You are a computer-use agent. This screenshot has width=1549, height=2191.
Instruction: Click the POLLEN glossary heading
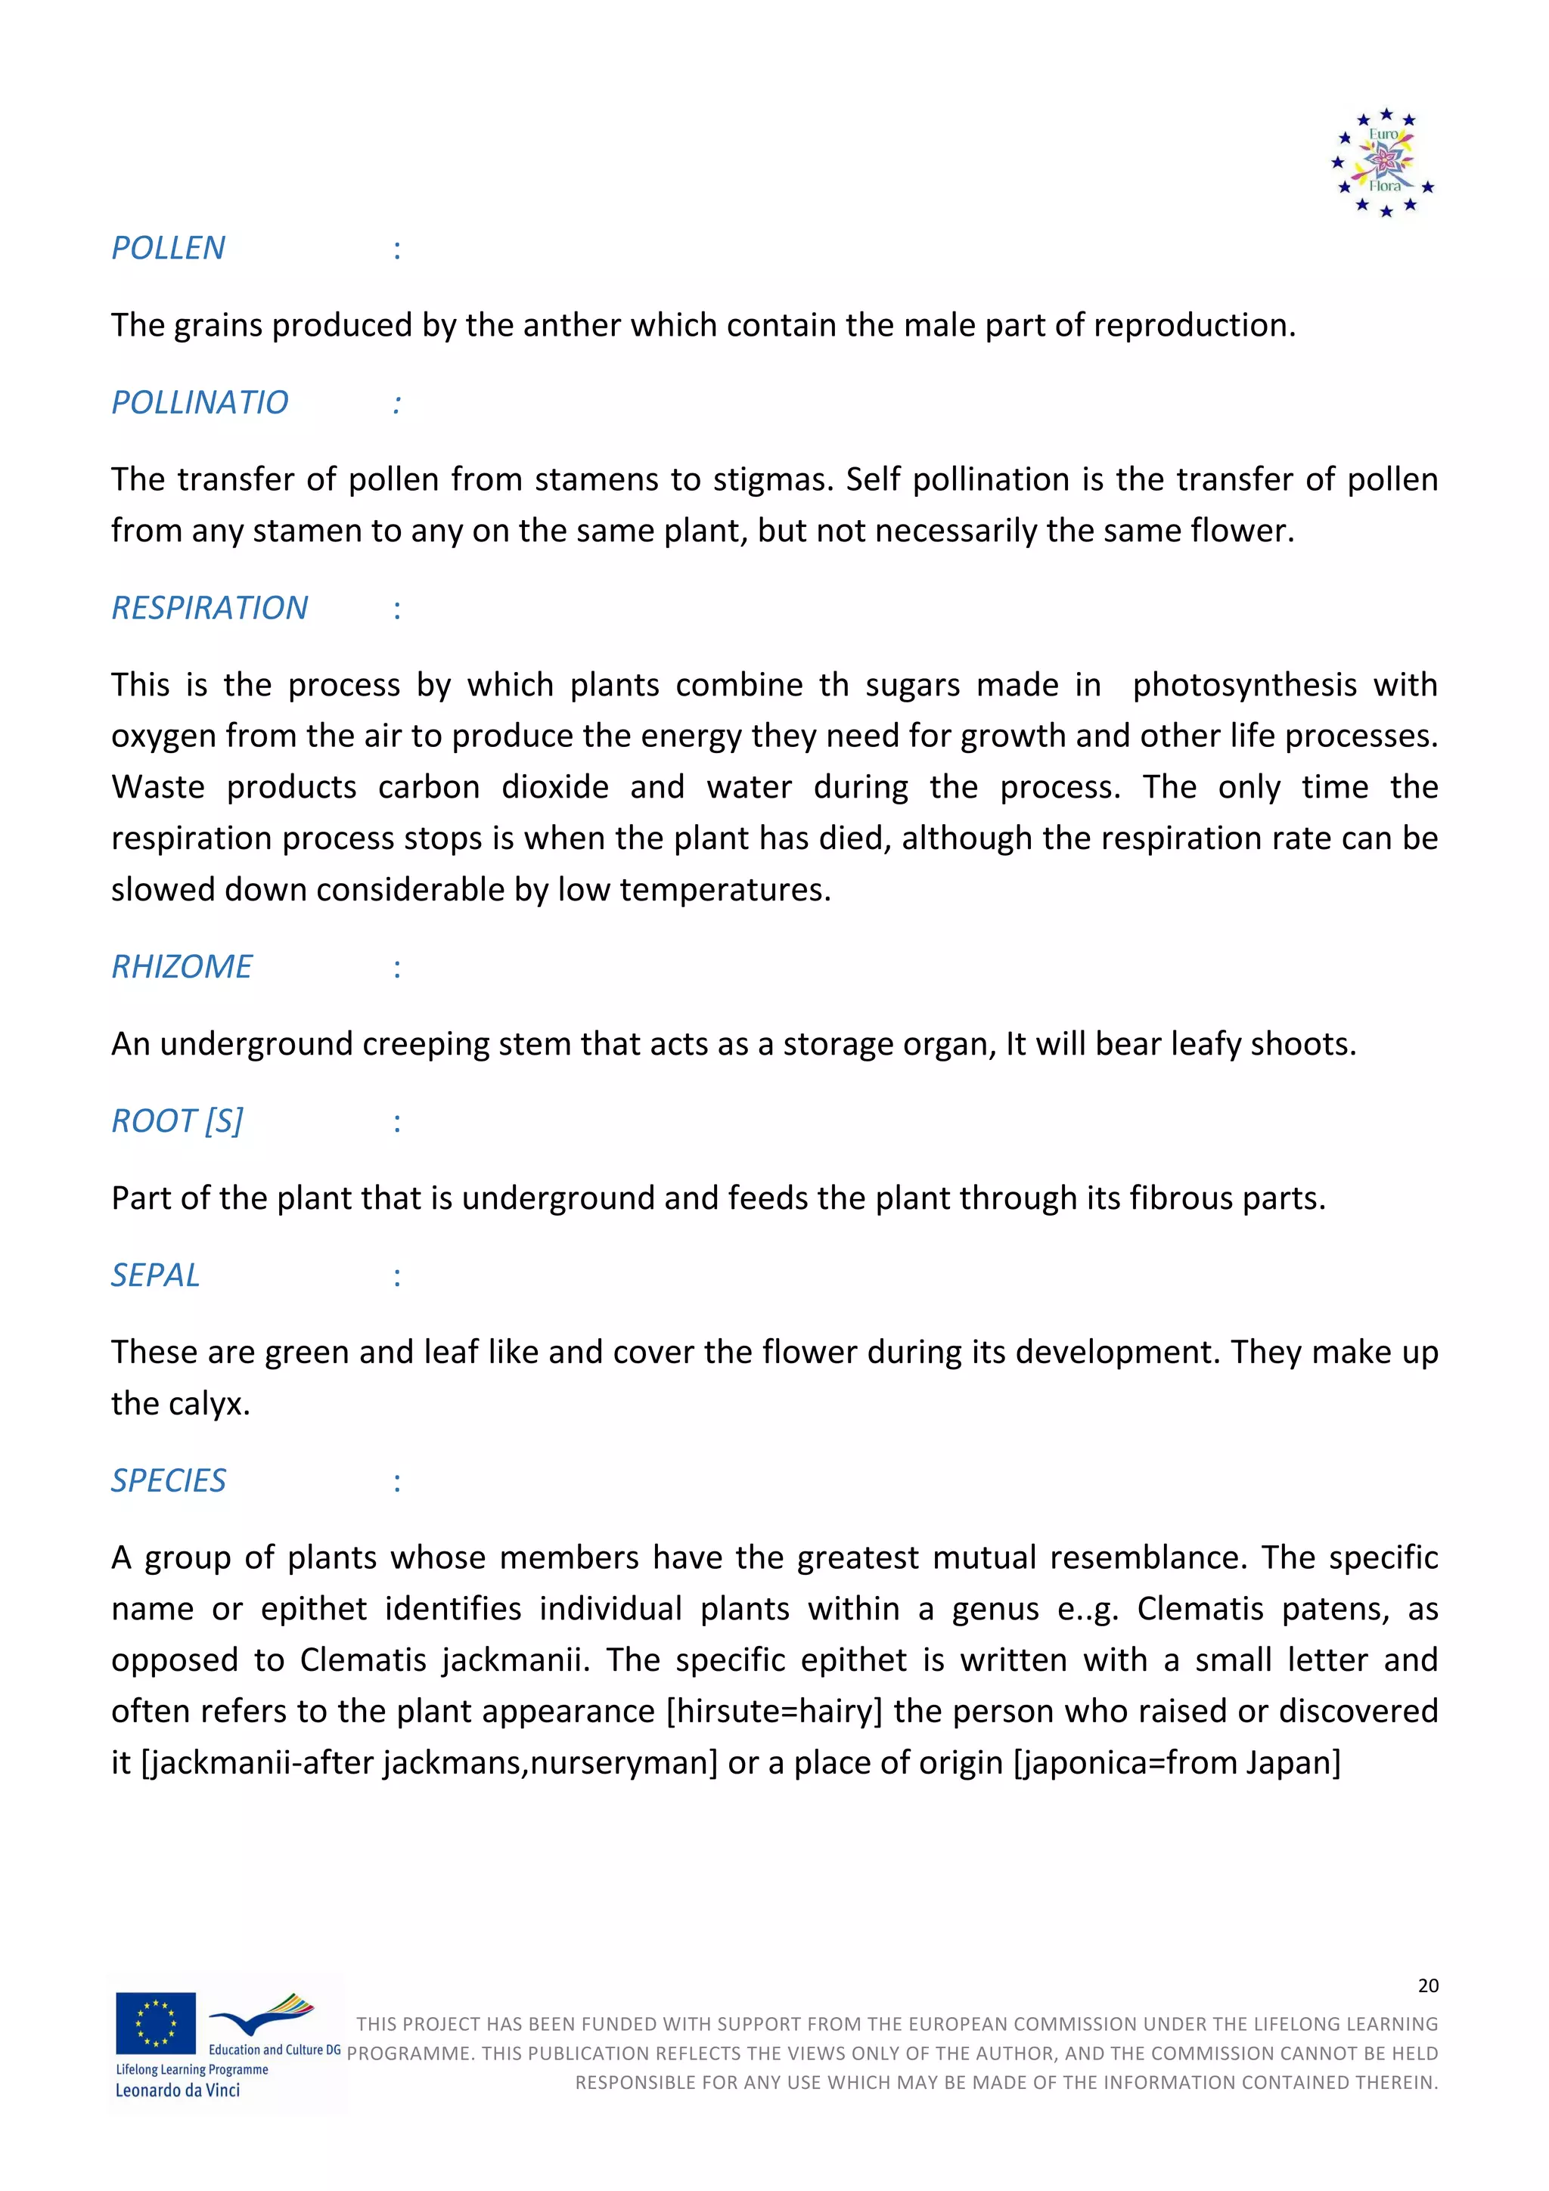pos(168,248)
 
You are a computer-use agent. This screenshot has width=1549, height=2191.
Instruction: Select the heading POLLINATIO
pos(200,403)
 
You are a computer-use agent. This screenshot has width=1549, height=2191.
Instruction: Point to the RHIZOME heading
pos(182,967)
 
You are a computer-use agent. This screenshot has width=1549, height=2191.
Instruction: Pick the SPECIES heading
pos(168,1481)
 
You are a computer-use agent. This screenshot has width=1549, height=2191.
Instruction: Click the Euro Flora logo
pos(1384,161)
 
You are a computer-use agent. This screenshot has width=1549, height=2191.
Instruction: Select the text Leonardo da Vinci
pos(178,2090)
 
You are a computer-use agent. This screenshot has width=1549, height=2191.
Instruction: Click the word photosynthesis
pos(1243,685)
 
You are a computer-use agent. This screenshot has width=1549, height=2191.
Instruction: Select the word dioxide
pos(554,787)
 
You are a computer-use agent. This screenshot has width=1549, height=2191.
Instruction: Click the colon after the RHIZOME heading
pos(397,968)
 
